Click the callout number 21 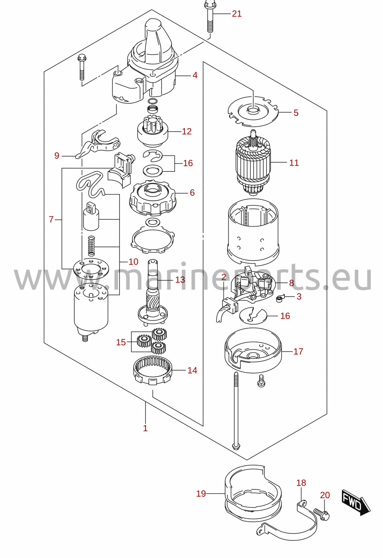pyautogui.click(x=237, y=13)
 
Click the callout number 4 pyautogui.click(x=195, y=75)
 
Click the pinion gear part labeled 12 pyautogui.click(x=153, y=131)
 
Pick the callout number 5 pyautogui.click(x=296, y=113)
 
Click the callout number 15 pyautogui.click(x=121, y=342)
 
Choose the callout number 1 pyautogui.click(x=145, y=428)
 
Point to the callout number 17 pyautogui.click(x=298, y=351)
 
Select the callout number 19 pyautogui.click(x=201, y=494)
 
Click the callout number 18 pyautogui.click(x=301, y=483)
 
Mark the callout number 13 pyautogui.click(x=180, y=280)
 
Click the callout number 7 pyautogui.click(x=51, y=219)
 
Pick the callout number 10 pyautogui.click(x=133, y=262)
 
